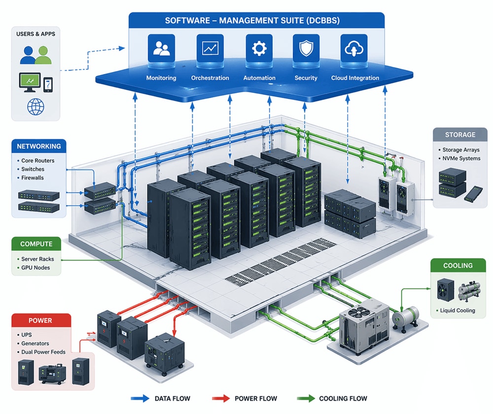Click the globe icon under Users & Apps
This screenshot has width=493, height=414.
[35, 107]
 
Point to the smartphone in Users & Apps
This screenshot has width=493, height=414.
[48, 84]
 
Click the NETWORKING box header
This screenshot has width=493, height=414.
[39, 146]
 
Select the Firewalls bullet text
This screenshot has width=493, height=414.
[33, 178]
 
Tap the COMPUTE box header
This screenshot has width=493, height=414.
[36, 244]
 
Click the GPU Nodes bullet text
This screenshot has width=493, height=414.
[35, 268]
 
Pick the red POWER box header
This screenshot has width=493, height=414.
[40, 320]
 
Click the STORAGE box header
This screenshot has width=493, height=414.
[459, 134]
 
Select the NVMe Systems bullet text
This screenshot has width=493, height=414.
[461, 158]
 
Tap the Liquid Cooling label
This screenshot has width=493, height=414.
[458, 310]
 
